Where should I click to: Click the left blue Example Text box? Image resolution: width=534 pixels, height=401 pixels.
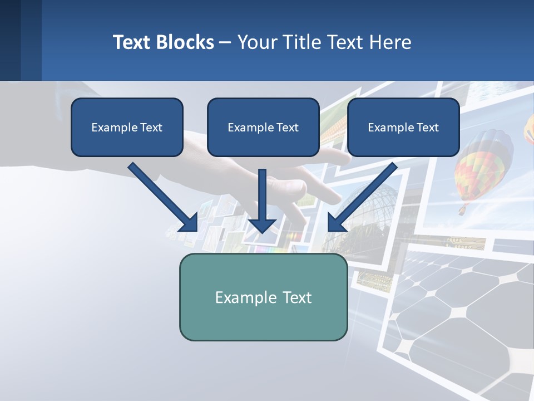(127, 127)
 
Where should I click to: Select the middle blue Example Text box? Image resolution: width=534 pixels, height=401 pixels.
(263, 127)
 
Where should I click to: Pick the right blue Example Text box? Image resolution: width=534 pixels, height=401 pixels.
(403, 127)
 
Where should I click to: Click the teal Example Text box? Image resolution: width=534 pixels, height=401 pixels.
(263, 297)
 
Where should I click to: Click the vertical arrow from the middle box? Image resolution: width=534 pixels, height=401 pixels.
(262, 195)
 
